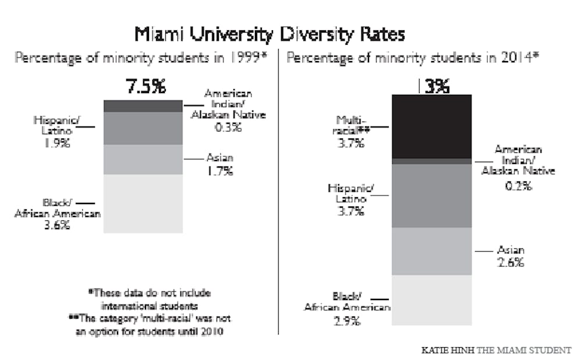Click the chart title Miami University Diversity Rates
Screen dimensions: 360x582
point(269,34)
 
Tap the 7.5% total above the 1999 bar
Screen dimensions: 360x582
point(145,87)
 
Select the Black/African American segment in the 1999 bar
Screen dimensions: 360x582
point(143,204)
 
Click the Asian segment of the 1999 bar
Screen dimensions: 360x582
point(143,159)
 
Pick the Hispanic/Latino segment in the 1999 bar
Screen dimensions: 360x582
point(143,128)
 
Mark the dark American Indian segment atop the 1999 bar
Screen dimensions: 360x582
point(143,105)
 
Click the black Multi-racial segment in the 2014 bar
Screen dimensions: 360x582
point(431,126)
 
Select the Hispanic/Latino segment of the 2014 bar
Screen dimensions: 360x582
point(431,195)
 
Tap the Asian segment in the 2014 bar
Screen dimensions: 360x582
point(431,251)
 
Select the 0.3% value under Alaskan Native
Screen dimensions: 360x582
point(228,127)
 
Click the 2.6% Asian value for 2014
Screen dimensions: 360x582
point(510,262)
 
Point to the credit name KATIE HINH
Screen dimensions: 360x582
point(449,350)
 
